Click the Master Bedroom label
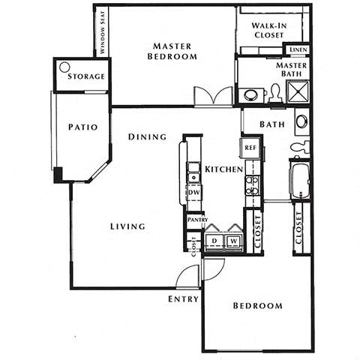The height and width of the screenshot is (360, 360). pos(172,51)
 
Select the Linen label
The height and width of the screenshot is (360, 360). pos(297,50)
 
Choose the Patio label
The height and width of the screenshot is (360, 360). pos(82,127)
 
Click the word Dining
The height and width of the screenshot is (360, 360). pos(146,137)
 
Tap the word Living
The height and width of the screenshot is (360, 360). pos(127,226)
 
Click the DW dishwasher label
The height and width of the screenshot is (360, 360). pos(193,193)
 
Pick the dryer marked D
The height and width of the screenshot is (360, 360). pos(214,241)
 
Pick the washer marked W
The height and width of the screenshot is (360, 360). pos(233,241)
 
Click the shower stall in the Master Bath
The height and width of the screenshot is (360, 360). pos(298,93)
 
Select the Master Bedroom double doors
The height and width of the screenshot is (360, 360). pos(214,97)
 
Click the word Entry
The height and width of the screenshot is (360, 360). pos(183,298)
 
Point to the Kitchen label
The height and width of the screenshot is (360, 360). pos(224,169)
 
